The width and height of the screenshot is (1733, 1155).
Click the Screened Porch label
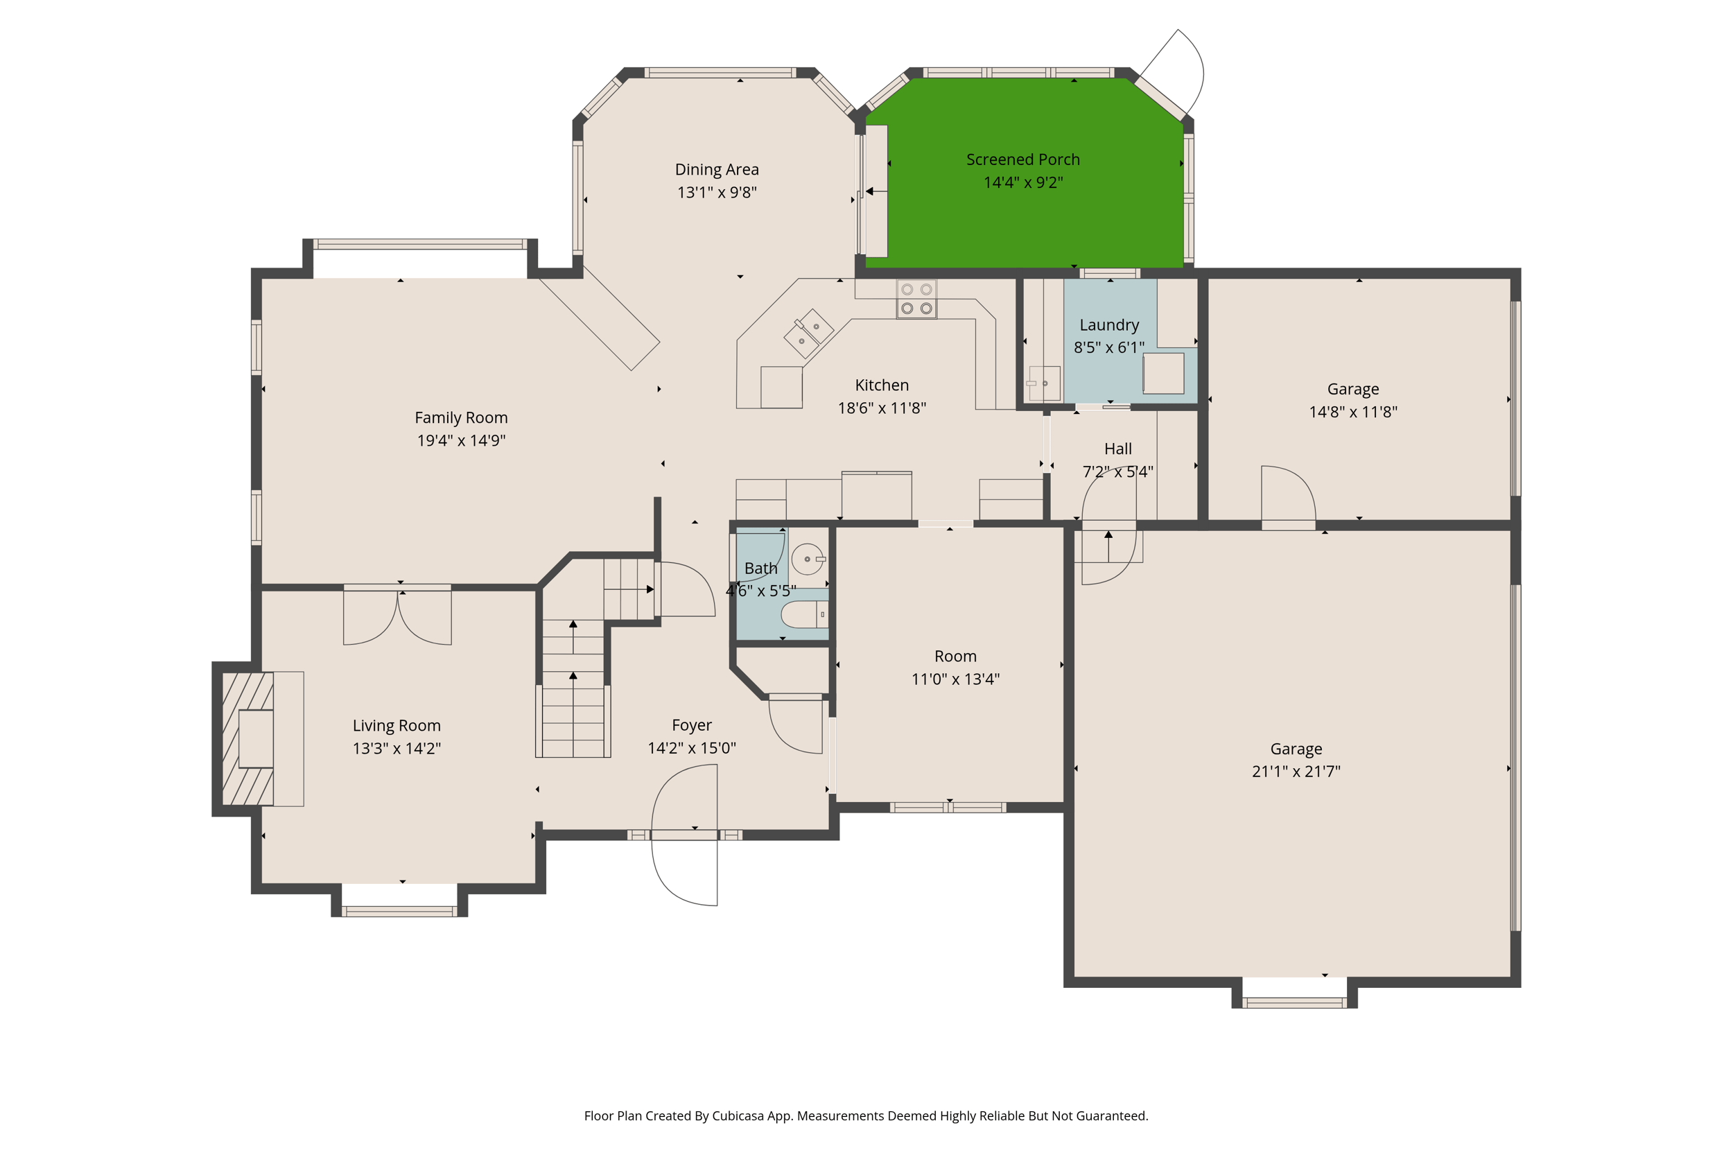1022,159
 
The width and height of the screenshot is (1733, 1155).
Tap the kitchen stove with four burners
916,299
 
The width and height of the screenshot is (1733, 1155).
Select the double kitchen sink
808,333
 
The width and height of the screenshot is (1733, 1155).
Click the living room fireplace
248,739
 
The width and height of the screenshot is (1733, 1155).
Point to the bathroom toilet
803,614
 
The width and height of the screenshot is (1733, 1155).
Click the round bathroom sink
807,559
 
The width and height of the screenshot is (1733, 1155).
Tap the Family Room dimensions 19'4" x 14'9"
461,440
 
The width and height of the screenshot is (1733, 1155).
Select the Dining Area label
717,169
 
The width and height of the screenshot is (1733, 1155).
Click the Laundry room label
1108,325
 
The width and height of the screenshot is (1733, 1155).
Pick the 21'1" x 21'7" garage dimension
1296,771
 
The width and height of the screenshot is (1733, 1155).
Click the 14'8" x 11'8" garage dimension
1352,412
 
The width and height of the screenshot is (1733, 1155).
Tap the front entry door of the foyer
683,835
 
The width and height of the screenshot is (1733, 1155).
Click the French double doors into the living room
397,615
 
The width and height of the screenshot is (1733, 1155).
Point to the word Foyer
692,726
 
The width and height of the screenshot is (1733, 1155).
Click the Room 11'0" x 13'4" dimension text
955,679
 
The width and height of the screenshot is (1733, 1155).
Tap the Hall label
1117,449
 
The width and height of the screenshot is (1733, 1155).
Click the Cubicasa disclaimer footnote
866,1116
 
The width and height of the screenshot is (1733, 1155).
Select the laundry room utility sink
1044,383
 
